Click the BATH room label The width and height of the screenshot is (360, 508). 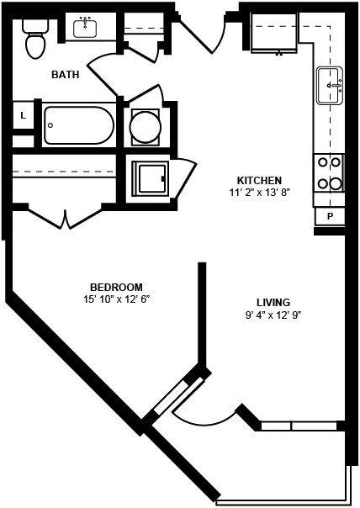[65, 75]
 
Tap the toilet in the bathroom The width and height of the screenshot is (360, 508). [35, 39]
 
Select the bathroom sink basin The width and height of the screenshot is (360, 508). [85, 29]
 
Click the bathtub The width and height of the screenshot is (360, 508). [79, 125]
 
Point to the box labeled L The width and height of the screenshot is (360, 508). [23, 115]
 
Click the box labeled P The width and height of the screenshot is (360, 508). [330, 216]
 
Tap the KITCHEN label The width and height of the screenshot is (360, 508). [259, 180]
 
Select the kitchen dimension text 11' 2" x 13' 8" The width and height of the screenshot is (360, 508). [259, 193]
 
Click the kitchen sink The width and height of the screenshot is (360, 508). [330, 86]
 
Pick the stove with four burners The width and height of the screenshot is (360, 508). [329, 172]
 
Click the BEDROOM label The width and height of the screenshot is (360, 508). [116, 287]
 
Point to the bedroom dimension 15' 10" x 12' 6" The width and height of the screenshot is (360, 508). [117, 299]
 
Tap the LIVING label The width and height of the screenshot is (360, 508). [273, 302]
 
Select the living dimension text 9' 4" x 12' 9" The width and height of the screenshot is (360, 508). [273, 315]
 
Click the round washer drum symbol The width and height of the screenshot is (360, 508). [146, 127]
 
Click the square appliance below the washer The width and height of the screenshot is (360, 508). [151, 178]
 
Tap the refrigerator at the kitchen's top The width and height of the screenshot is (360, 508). [274, 33]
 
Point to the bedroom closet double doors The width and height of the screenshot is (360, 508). [66, 216]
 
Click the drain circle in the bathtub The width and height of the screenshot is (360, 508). [50, 125]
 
